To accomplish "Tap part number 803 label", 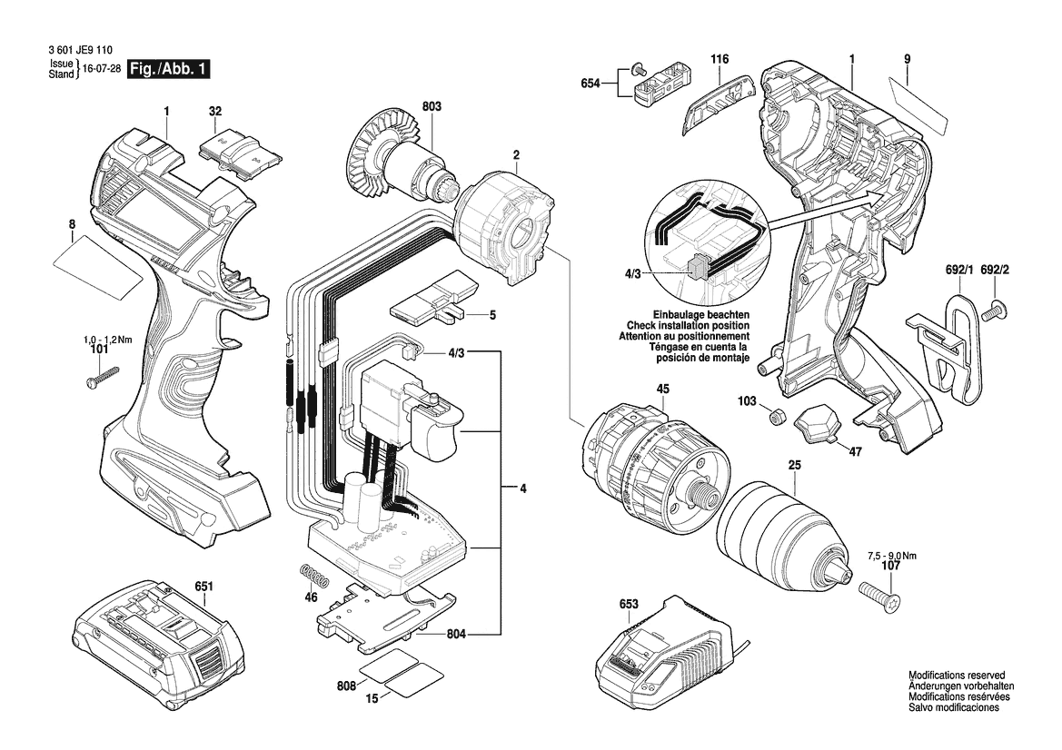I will pyautogui.click(x=432, y=106).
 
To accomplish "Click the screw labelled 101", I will pyautogui.click(x=102, y=376).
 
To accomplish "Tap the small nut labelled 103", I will pyautogui.click(x=777, y=416).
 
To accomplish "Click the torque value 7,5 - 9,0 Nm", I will pyautogui.click(x=891, y=556).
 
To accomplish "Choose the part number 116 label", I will pyautogui.click(x=720, y=60).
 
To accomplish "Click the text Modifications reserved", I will pyautogui.click(x=957, y=676).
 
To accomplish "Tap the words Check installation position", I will pyautogui.click(x=688, y=325).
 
